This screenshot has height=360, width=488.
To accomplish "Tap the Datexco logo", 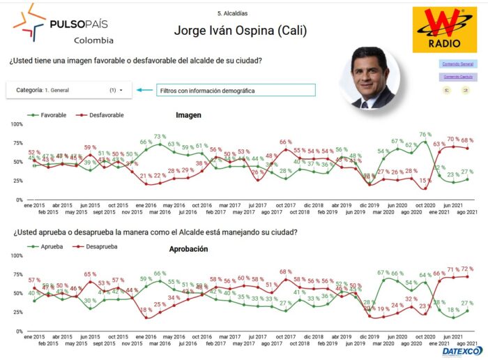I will click(x=459, y=351).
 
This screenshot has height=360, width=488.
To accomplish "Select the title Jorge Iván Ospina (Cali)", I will click(x=241, y=31).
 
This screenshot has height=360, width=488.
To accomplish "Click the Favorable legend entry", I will click(x=48, y=114).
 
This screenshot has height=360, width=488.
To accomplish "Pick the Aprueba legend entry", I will click(x=47, y=246).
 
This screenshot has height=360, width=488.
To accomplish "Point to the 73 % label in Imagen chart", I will click(x=160, y=137).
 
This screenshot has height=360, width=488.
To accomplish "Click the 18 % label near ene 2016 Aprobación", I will click(x=146, y=310).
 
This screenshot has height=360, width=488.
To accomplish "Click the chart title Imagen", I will click(x=188, y=115).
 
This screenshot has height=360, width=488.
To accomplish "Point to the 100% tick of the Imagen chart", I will click(x=16, y=124).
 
